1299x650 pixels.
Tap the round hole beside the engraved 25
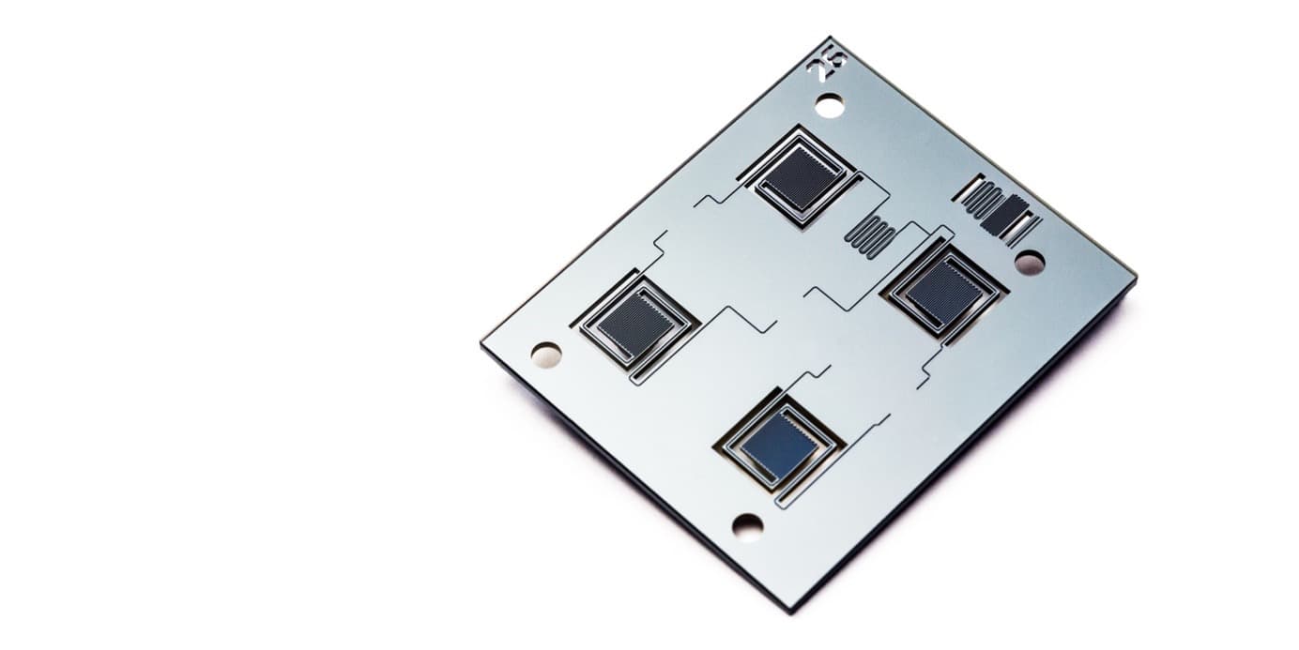click(829, 105)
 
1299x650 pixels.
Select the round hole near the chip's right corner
click(1029, 263)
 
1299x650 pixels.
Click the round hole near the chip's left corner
click(545, 355)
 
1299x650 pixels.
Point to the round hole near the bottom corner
click(747, 526)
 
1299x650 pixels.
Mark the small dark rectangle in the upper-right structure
click(1004, 216)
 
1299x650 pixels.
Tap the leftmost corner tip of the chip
click(482, 343)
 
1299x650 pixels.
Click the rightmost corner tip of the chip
click(1136, 278)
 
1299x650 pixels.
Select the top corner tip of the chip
click(832, 38)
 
